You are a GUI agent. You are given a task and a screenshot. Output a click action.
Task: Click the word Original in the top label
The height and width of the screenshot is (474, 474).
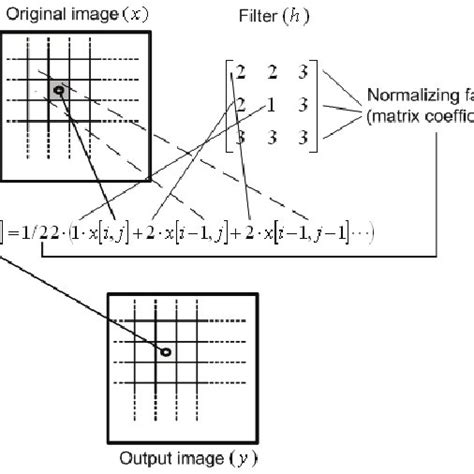tap(32, 15)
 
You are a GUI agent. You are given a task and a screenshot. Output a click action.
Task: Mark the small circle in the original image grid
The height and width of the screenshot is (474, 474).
tap(60, 90)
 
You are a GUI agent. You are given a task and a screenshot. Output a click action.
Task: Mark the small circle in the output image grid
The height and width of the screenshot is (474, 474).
tap(166, 352)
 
